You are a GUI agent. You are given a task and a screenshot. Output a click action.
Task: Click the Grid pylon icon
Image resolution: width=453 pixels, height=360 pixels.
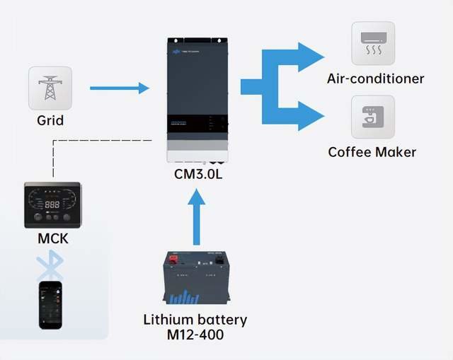(x=50, y=88)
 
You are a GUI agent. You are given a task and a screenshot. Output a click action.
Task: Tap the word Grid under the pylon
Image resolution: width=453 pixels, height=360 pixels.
(x=50, y=120)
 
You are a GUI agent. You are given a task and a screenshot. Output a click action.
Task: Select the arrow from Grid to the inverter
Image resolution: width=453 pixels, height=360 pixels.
(x=120, y=88)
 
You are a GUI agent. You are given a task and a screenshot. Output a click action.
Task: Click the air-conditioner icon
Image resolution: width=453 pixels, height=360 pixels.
(x=373, y=44)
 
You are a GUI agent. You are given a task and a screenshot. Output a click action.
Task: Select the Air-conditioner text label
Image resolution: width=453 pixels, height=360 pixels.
(x=375, y=78)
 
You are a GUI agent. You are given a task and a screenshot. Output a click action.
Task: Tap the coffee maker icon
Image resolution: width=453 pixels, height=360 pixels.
(x=373, y=117)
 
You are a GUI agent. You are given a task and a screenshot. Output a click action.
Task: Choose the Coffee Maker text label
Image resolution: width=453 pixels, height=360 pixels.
(x=372, y=152)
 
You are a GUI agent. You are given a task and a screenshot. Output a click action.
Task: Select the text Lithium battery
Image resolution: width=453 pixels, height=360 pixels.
(x=195, y=320)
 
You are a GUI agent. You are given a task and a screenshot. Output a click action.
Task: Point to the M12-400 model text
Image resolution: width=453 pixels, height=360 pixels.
(x=195, y=335)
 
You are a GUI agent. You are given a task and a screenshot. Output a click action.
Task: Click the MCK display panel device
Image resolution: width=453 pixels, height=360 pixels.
(x=52, y=205)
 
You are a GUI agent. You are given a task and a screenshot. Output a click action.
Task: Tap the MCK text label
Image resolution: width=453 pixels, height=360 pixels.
(x=53, y=238)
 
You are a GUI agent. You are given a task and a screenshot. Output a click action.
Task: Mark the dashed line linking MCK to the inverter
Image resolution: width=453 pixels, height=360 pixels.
(x=106, y=139)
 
